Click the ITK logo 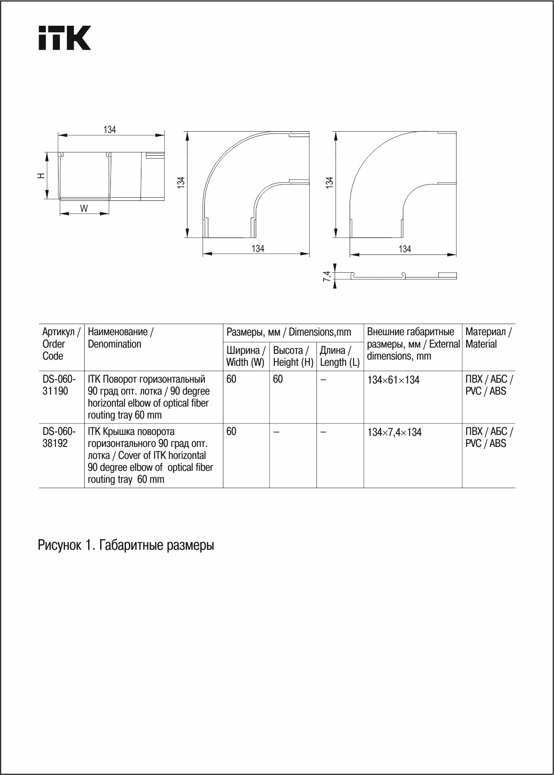(65, 38)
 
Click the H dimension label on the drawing (41, 176)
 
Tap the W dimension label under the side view (84, 208)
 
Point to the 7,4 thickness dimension (327, 276)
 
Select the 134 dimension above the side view (109, 129)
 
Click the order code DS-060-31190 (59, 385)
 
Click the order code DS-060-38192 (59, 437)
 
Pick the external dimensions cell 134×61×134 (393, 380)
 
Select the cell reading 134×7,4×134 (394, 432)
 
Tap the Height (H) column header (293, 356)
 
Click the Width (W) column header (246, 356)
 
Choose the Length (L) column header (339, 356)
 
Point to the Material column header (488, 338)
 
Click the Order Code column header (61, 344)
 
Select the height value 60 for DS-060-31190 (278, 379)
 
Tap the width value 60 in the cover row (231, 431)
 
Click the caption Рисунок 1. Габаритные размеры (126, 545)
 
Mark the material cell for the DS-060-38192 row (489, 437)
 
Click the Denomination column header (121, 338)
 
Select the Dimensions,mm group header (289, 332)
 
